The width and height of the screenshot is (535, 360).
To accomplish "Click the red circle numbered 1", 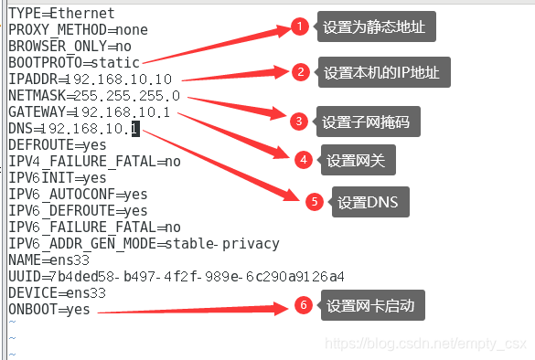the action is click(301, 27).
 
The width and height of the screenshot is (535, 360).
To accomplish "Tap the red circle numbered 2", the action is click(299, 72).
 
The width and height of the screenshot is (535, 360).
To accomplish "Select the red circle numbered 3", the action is click(298, 121).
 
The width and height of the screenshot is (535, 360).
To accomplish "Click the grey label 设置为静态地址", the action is click(374, 27).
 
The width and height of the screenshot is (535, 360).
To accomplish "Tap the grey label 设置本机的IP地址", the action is click(381, 72).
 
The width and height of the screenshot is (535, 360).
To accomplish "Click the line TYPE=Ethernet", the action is click(61, 14).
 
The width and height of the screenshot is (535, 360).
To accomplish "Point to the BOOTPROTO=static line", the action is click(74, 63).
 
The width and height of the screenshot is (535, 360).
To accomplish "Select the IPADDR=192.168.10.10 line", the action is click(90, 79).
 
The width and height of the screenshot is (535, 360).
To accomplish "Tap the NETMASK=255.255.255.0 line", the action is click(94, 96).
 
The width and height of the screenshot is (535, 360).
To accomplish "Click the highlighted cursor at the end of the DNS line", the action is click(134, 129).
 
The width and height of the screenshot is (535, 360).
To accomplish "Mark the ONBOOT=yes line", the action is click(49, 310).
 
